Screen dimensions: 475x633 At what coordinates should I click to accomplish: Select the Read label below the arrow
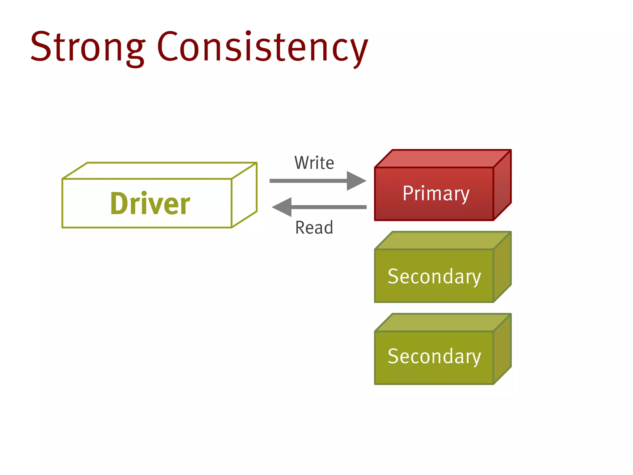pyautogui.click(x=314, y=228)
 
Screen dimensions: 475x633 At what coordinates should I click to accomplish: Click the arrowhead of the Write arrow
pyautogui.click(x=356, y=181)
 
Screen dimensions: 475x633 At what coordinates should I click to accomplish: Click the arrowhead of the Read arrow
pyautogui.click(x=282, y=207)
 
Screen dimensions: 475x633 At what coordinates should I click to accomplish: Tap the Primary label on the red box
pyautogui.click(x=436, y=194)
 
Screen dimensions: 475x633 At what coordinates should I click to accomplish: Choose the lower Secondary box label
pyautogui.click(x=434, y=356)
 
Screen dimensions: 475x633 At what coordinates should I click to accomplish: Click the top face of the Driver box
pyautogui.click(x=159, y=170)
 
